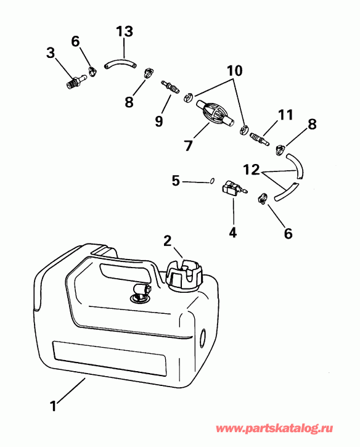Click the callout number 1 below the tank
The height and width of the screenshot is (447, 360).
(54, 406)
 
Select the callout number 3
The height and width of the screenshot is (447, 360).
(51, 53)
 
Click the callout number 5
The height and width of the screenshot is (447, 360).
(176, 181)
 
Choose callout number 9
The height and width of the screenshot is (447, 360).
(159, 121)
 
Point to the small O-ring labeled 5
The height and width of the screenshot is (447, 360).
(212, 181)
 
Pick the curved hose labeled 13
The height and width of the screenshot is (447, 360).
(119, 62)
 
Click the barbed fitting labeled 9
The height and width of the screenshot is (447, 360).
(170, 86)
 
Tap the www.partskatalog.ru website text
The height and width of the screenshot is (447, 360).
(285, 428)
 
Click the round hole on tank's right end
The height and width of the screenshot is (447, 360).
(203, 338)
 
